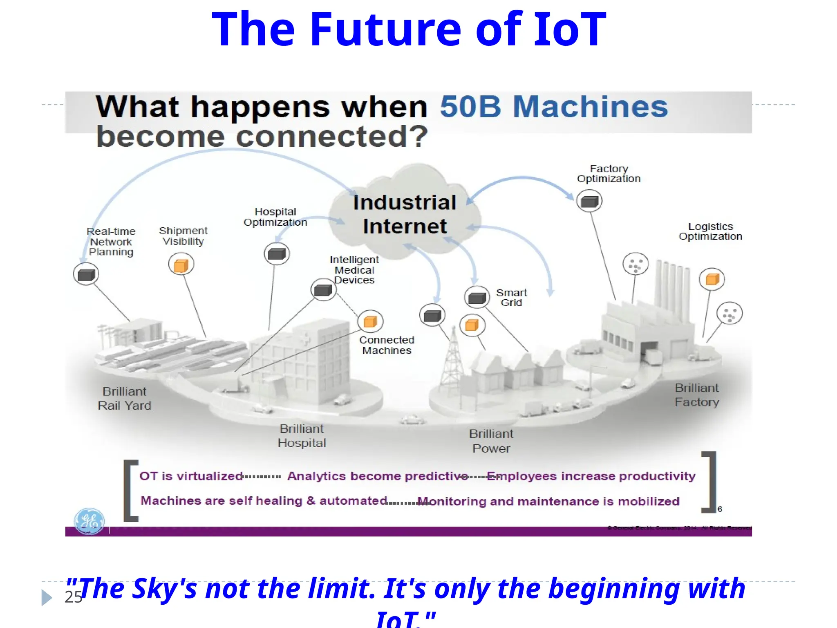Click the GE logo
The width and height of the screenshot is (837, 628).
pyautogui.click(x=89, y=521)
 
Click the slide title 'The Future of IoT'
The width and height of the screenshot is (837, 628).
pyautogui.click(x=409, y=29)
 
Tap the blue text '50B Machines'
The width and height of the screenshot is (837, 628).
pyautogui.click(x=554, y=107)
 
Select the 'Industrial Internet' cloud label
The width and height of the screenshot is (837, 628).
pyautogui.click(x=405, y=214)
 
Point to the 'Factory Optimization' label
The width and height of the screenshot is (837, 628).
pyautogui.click(x=609, y=174)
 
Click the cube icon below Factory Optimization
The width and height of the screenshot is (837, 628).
pyautogui.click(x=589, y=201)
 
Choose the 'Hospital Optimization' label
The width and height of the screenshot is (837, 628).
pyautogui.click(x=275, y=217)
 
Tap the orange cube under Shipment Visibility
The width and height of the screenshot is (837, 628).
pyautogui.click(x=181, y=265)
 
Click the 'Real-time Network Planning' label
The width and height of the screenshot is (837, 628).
pyautogui.click(x=111, y=242)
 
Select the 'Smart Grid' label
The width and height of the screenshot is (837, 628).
pyautogui.click(x=511, y=298)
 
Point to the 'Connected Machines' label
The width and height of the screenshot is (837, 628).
pyautogui.click(x=387, y=345)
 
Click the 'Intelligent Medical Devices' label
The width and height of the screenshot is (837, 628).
pyautogui.click(x=354, y=270)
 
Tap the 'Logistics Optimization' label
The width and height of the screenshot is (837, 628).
pyautogui.click(x=710, y=231)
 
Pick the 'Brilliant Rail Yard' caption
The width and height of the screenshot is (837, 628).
pyautogui.click(x=125, y=399)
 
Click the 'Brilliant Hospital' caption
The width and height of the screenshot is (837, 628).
pyautogui.click(x=302, y=436)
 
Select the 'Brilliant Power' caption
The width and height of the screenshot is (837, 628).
pyautogui.click(x=491, y=441)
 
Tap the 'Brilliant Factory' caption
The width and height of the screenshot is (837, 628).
pyautogui.click(x=697, y=395)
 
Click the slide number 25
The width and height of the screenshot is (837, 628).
pyautogui.click(x=73, y=597)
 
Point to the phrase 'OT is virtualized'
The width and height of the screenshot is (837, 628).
pyautogui.click(x=191, y=476)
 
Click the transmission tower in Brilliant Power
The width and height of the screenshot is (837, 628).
pyautogui.click(x=452, y=360)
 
